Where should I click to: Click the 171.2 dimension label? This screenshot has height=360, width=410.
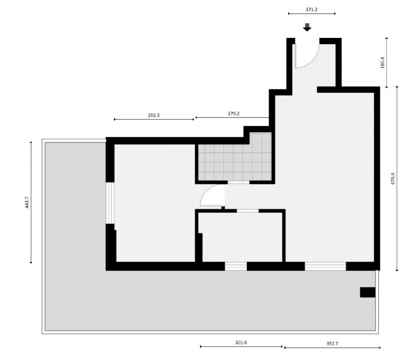click(312, 9)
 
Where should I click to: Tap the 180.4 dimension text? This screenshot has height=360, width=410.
click(382, 63)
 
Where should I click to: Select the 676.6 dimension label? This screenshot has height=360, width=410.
click(393, 179)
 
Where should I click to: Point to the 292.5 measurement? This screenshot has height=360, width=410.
click(154, 115)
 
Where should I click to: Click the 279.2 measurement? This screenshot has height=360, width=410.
click(234, 113)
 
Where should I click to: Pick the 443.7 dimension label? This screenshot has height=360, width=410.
click(27, 202)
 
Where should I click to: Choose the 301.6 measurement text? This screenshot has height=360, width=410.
click(241, 342)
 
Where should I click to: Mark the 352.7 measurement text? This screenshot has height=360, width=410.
click(332, 343)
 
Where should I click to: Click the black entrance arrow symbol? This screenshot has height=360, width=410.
click(307, 27)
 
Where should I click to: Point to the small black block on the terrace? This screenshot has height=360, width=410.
click(367, 292)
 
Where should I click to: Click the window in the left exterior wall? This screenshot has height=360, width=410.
click(110, 203)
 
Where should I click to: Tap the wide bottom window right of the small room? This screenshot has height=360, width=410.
click(325, 266)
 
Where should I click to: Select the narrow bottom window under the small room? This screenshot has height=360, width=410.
click(236, 266)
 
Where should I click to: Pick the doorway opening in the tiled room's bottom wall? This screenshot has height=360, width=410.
click(238, 182)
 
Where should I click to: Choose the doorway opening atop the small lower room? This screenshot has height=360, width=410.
click(248, 211)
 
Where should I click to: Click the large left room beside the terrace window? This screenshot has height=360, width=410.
click(155, 203)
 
